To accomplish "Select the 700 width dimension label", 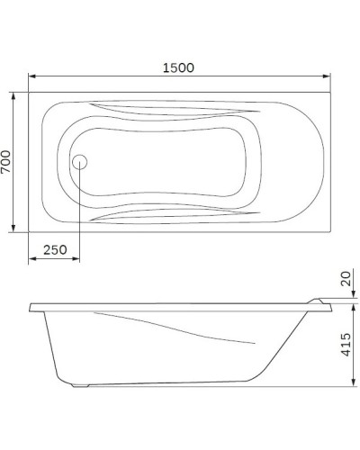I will (x=8, y=161).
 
